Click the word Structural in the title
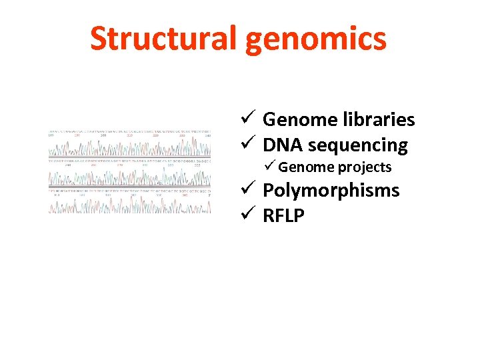click(164, 39)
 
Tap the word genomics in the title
click(315, 39)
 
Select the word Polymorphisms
click(331, 191)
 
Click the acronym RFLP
click(283, 215)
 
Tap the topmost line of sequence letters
click(129, 131)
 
